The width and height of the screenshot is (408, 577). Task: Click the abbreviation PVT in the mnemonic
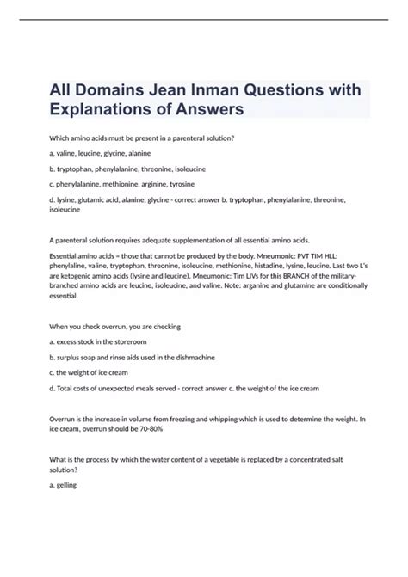[289, 256]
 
